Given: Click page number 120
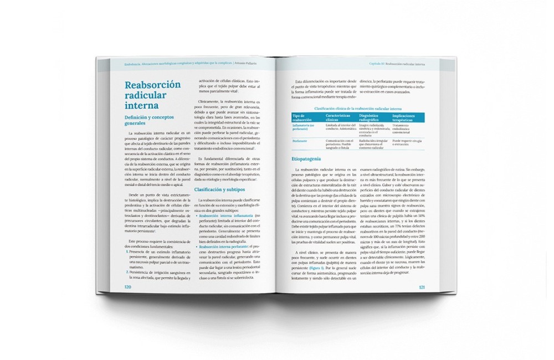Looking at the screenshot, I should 128,287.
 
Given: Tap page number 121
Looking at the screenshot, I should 422,287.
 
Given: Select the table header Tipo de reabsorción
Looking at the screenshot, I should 302,117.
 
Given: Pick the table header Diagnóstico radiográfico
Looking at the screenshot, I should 374,117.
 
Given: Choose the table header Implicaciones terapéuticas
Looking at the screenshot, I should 407,117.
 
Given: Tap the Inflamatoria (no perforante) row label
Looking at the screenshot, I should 304,127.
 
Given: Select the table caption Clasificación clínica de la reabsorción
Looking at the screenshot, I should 357,109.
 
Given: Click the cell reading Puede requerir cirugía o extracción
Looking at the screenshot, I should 407,142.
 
